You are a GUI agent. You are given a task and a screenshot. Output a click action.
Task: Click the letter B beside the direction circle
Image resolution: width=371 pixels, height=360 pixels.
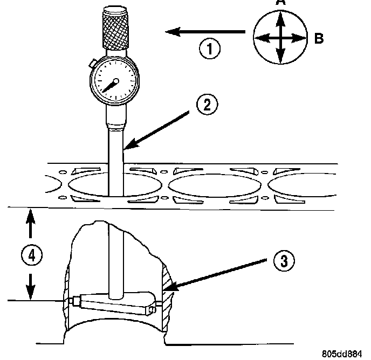[319, 38]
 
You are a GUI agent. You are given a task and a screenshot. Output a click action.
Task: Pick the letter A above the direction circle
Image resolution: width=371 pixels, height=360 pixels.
[280, 3]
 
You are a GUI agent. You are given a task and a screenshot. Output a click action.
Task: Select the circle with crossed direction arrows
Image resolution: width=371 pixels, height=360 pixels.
[280, 38]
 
